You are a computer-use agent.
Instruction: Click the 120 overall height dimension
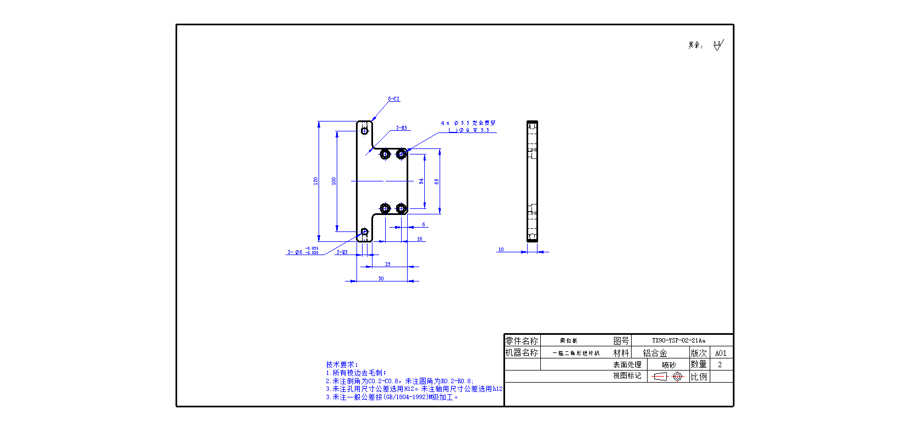(316, 180)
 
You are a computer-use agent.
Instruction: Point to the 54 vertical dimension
(421, 181)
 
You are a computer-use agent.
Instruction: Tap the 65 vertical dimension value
(437, 181)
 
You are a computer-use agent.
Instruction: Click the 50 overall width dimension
(381, 279)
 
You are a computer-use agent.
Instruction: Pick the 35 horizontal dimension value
(388, 264)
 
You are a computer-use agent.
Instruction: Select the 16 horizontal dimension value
(420, 239)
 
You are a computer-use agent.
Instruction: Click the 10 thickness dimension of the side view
(501, 250)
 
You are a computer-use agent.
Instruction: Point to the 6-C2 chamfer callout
(394, 99)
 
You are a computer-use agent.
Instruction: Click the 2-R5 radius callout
(402, 128)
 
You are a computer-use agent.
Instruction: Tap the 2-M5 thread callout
(342, 252)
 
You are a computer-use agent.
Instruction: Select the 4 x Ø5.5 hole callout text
(468, 123)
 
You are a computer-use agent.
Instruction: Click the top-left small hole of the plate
(364, 131)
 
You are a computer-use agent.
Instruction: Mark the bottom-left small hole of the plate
(364, 231)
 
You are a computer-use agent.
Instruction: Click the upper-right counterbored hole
(401, 154)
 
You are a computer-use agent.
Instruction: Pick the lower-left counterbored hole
(385, 208)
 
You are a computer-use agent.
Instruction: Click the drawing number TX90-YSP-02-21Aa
(678, 341)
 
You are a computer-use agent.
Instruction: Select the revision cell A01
(721, 353)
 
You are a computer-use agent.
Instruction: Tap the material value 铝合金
(655, 353)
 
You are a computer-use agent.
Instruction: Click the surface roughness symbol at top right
(717, 45)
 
